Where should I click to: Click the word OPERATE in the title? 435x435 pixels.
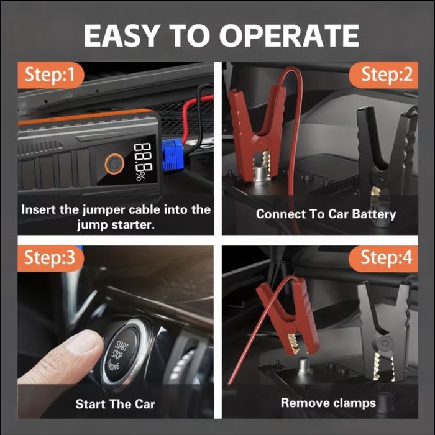click(290, 35)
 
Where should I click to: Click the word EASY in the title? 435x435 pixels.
click(121, 35)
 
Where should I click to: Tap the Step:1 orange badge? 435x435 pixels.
click(51, 75)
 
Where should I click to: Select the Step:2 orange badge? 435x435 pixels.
click(383, 75)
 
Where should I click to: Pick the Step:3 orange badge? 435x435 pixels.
click(51, 258)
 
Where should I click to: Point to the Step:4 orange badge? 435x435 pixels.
click(383, 258)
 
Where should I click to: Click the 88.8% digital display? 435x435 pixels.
click(143, 162)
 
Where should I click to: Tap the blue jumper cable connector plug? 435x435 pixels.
click(172, 155)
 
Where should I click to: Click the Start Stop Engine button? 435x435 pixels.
click(122, 352)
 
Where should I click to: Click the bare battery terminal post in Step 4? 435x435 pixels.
click(304, 365)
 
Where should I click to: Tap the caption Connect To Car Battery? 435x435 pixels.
click(326, 214)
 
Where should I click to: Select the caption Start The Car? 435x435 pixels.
click(115, 404)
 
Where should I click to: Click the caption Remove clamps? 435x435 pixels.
click(328, 403)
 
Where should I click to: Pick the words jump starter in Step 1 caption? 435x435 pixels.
click(115, 225)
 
